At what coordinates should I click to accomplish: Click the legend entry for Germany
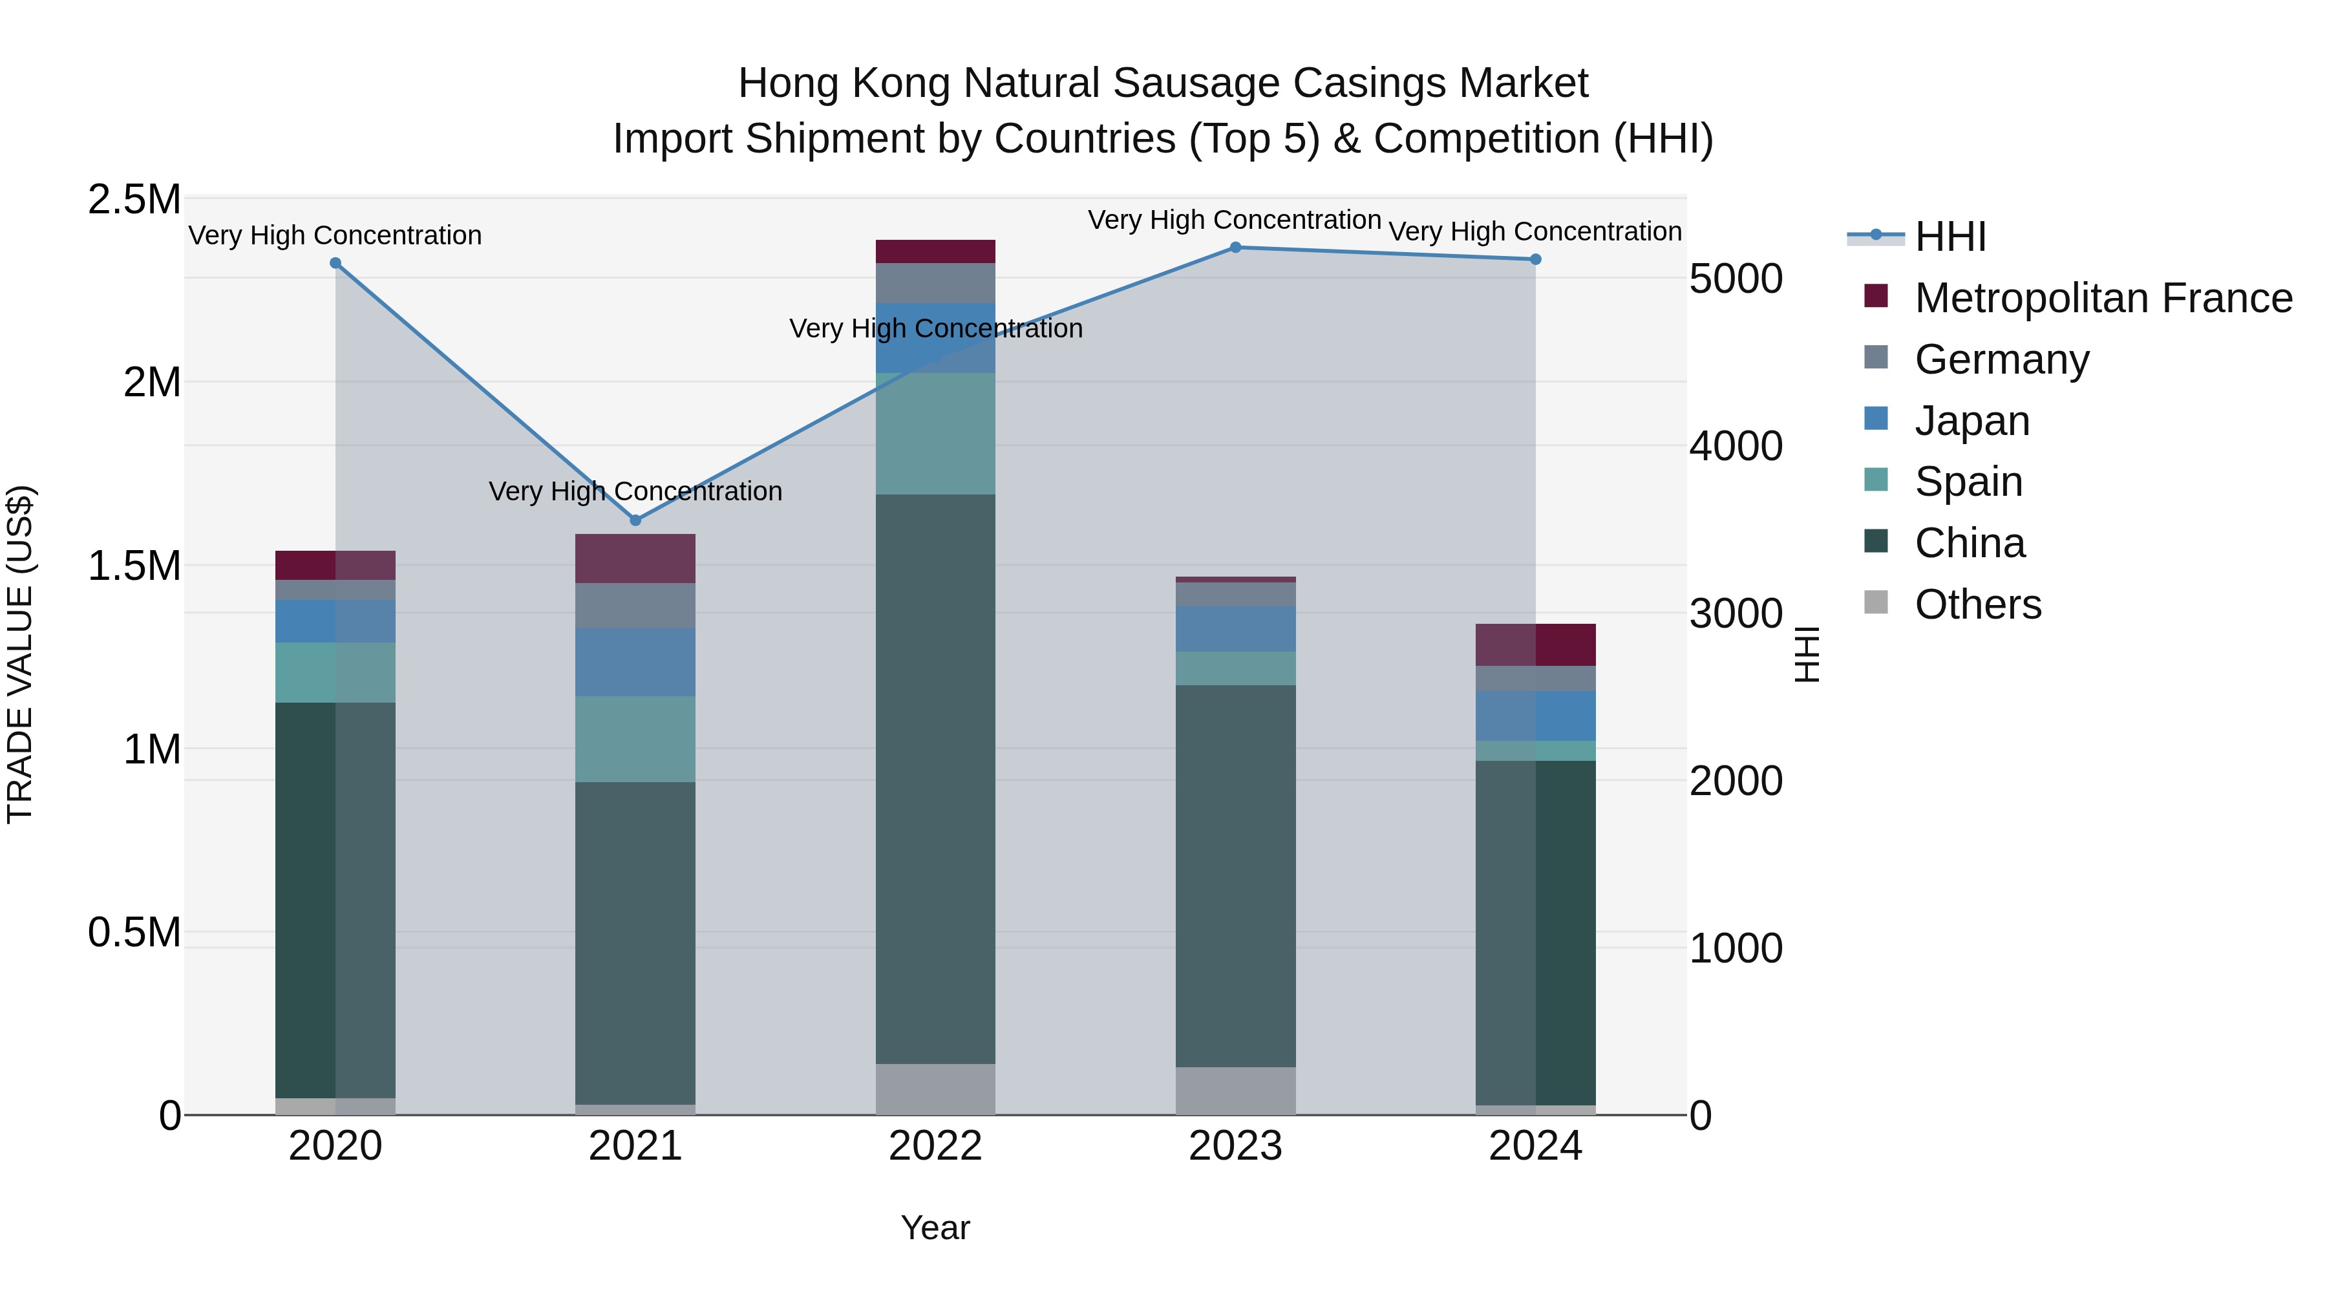click(x=2001, y=359)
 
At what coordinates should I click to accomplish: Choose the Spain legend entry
click(x=1968, y=482)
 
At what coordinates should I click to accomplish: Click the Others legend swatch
click(x=1876, y=602)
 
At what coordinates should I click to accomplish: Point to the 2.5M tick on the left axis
click(x=134, y=200)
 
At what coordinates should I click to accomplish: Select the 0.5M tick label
click(x=134, y=932)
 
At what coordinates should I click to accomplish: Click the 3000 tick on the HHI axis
click(x=1736, y=613)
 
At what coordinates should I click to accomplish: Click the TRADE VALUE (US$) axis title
click(x=20, y=654)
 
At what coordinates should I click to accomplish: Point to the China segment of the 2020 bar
click(x=335, y=900)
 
